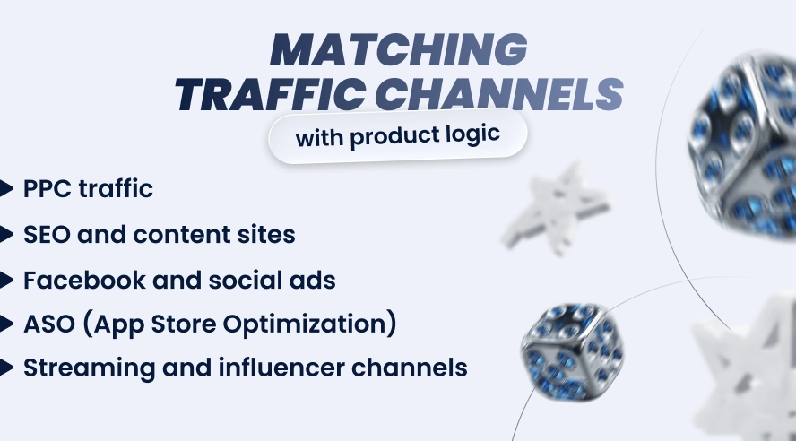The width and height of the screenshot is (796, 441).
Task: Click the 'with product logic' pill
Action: (398, 139)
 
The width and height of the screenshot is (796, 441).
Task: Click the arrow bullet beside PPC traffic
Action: (7, 189)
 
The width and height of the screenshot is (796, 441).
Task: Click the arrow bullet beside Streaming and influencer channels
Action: (7, 367)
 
